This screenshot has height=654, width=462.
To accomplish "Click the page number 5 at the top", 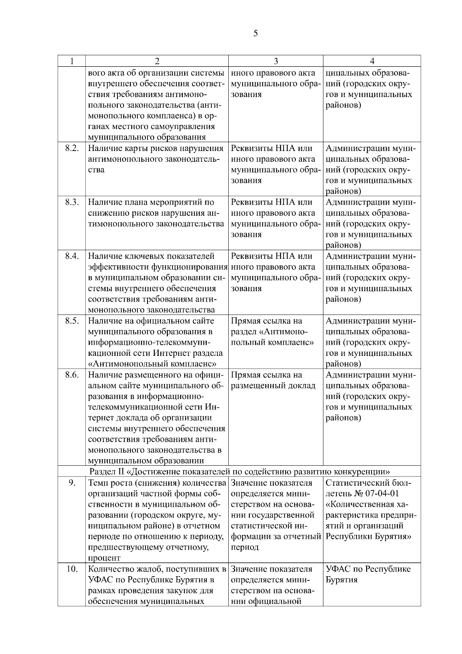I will [x=256, y=34].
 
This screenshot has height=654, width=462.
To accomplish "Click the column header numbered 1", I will [x=72, y=61].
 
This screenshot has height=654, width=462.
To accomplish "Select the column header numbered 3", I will [x=276, y=61].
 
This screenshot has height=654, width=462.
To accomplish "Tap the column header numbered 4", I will [x=372, y=61].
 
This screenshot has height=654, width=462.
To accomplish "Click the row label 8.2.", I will [x=72, y=149].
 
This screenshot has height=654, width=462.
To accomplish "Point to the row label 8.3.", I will [x=72, y=203].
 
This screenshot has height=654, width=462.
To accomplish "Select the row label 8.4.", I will [x=72, y=257].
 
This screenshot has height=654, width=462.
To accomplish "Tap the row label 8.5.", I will [x=72, y=321].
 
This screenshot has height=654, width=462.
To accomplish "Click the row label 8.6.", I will [x=72, y=375].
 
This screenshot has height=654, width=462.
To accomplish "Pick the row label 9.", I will [x=72, y=483].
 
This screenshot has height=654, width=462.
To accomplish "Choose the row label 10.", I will [x=72, y=569].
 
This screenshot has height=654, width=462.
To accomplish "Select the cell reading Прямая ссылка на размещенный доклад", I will [x=273, y=381].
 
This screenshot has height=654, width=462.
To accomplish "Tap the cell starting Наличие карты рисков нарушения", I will [x=156, y=159].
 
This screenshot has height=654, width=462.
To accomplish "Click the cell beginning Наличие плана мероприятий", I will [x=156, y=213].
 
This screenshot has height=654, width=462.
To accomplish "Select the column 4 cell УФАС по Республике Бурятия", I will [x=368, y=574].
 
